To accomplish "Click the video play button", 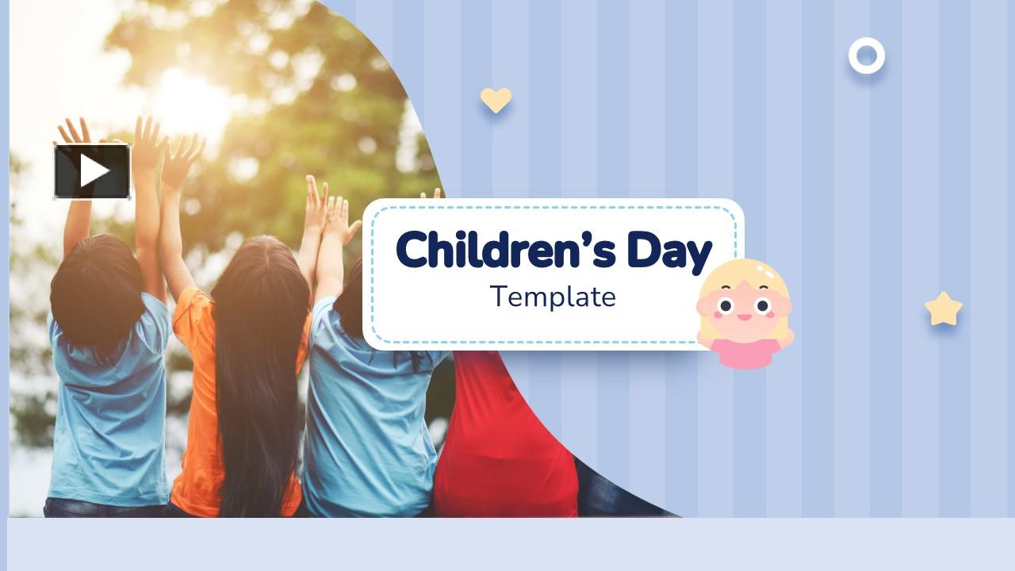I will click(92, 171).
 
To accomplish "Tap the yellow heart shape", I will click(496, 99).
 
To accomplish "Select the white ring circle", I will click(866, 56).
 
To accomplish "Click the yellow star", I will click(943, 309).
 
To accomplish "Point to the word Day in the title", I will click(669, 251).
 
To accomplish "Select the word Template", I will click(553, 297).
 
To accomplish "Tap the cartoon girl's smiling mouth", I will click(744, 317).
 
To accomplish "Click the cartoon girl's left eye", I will click(725, 305).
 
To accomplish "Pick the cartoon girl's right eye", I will click(762, 305).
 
